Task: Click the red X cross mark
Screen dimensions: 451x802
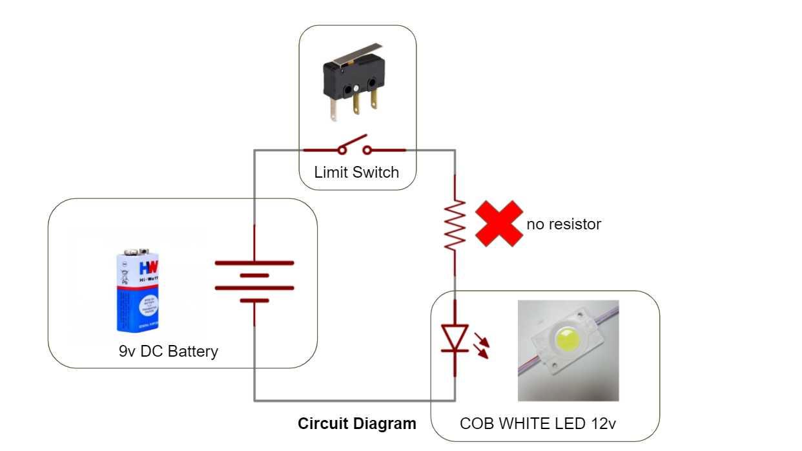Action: [499, 223]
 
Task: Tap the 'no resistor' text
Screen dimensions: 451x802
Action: [564, 224]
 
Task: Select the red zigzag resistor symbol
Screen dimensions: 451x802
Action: [455, 225]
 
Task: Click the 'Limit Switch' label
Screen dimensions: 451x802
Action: [356, 173]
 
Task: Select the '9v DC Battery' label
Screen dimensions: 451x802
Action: [169, 351]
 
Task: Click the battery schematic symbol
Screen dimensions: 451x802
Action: [254, 275]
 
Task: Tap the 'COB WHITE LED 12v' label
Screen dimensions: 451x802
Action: [537, 424]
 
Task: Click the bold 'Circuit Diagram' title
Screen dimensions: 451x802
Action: [357, 424]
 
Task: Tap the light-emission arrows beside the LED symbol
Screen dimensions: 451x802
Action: [481, 345]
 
